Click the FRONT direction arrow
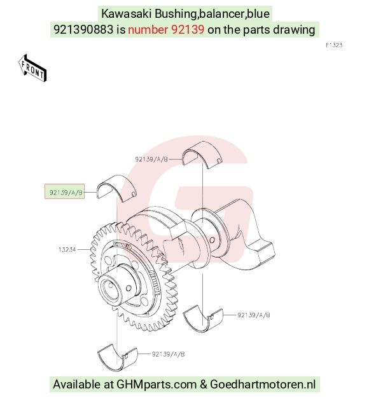point(32,68)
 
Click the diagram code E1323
point(334,45)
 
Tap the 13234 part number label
point(67,250)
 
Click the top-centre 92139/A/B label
point(151,160)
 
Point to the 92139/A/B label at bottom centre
point(168,354)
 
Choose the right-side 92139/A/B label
point(254,315)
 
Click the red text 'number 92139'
point(166,30)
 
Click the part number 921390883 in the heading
point(83,30)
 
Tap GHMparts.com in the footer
point(157,385)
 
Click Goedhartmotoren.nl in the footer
point(263,384)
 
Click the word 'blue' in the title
point(258,14)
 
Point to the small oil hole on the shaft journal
point(212,240)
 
